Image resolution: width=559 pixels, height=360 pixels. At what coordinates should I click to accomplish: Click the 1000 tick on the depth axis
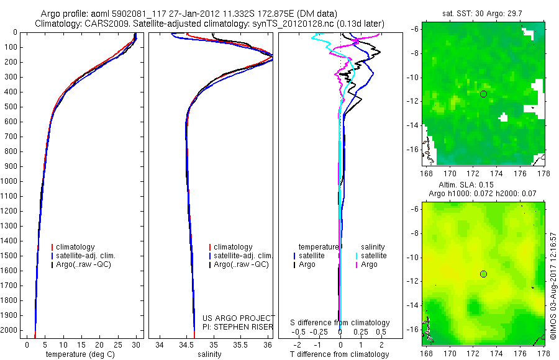point(10,181)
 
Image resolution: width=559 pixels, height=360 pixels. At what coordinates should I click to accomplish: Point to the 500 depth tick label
point(10,107)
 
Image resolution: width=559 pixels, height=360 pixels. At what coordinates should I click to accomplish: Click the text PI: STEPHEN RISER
point(239,326)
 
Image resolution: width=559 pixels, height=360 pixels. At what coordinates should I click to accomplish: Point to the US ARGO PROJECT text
point(239,318)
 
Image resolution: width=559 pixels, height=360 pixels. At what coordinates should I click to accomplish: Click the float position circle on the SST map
point(483,94)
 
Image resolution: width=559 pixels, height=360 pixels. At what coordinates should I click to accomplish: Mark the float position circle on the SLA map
point(483,274)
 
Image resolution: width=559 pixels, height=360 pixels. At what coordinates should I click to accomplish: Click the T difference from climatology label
point(340,354)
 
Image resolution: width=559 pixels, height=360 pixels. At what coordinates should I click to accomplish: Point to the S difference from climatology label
point(340,323)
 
